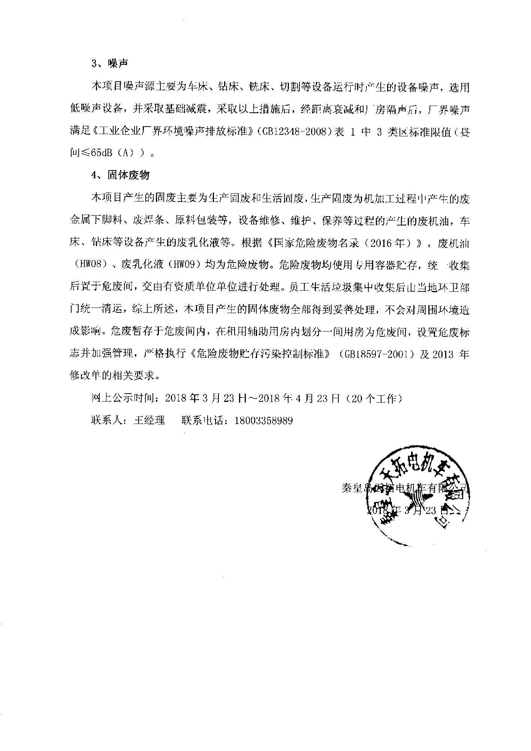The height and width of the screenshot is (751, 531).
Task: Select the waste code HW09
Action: pos(183,265)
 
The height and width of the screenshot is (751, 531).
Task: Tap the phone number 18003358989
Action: pos(263,420)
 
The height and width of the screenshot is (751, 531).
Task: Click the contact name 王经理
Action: pos(149,420)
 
